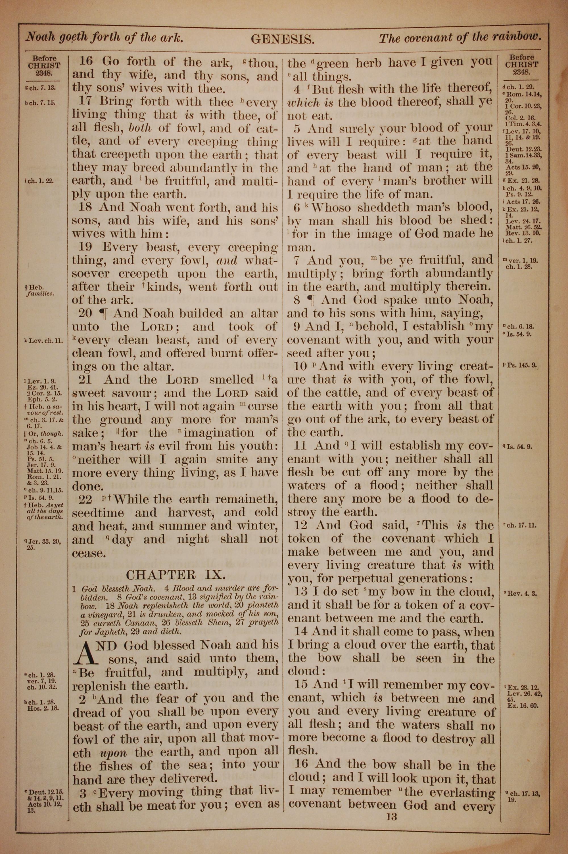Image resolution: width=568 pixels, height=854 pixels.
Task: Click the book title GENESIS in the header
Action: (x=282, y=39)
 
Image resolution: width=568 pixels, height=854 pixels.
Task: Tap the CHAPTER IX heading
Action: (x=176, y=575)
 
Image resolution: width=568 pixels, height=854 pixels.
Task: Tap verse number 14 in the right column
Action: (x=301, y=632)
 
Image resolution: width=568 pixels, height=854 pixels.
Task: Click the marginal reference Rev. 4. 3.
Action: (x=522, y=593)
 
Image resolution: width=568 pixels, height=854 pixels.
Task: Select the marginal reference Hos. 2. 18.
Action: (x=43, y=708)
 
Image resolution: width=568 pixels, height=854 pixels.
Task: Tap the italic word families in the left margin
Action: (x=40, y=294)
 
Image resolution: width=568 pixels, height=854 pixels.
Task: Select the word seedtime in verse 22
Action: (x=98, y=513)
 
